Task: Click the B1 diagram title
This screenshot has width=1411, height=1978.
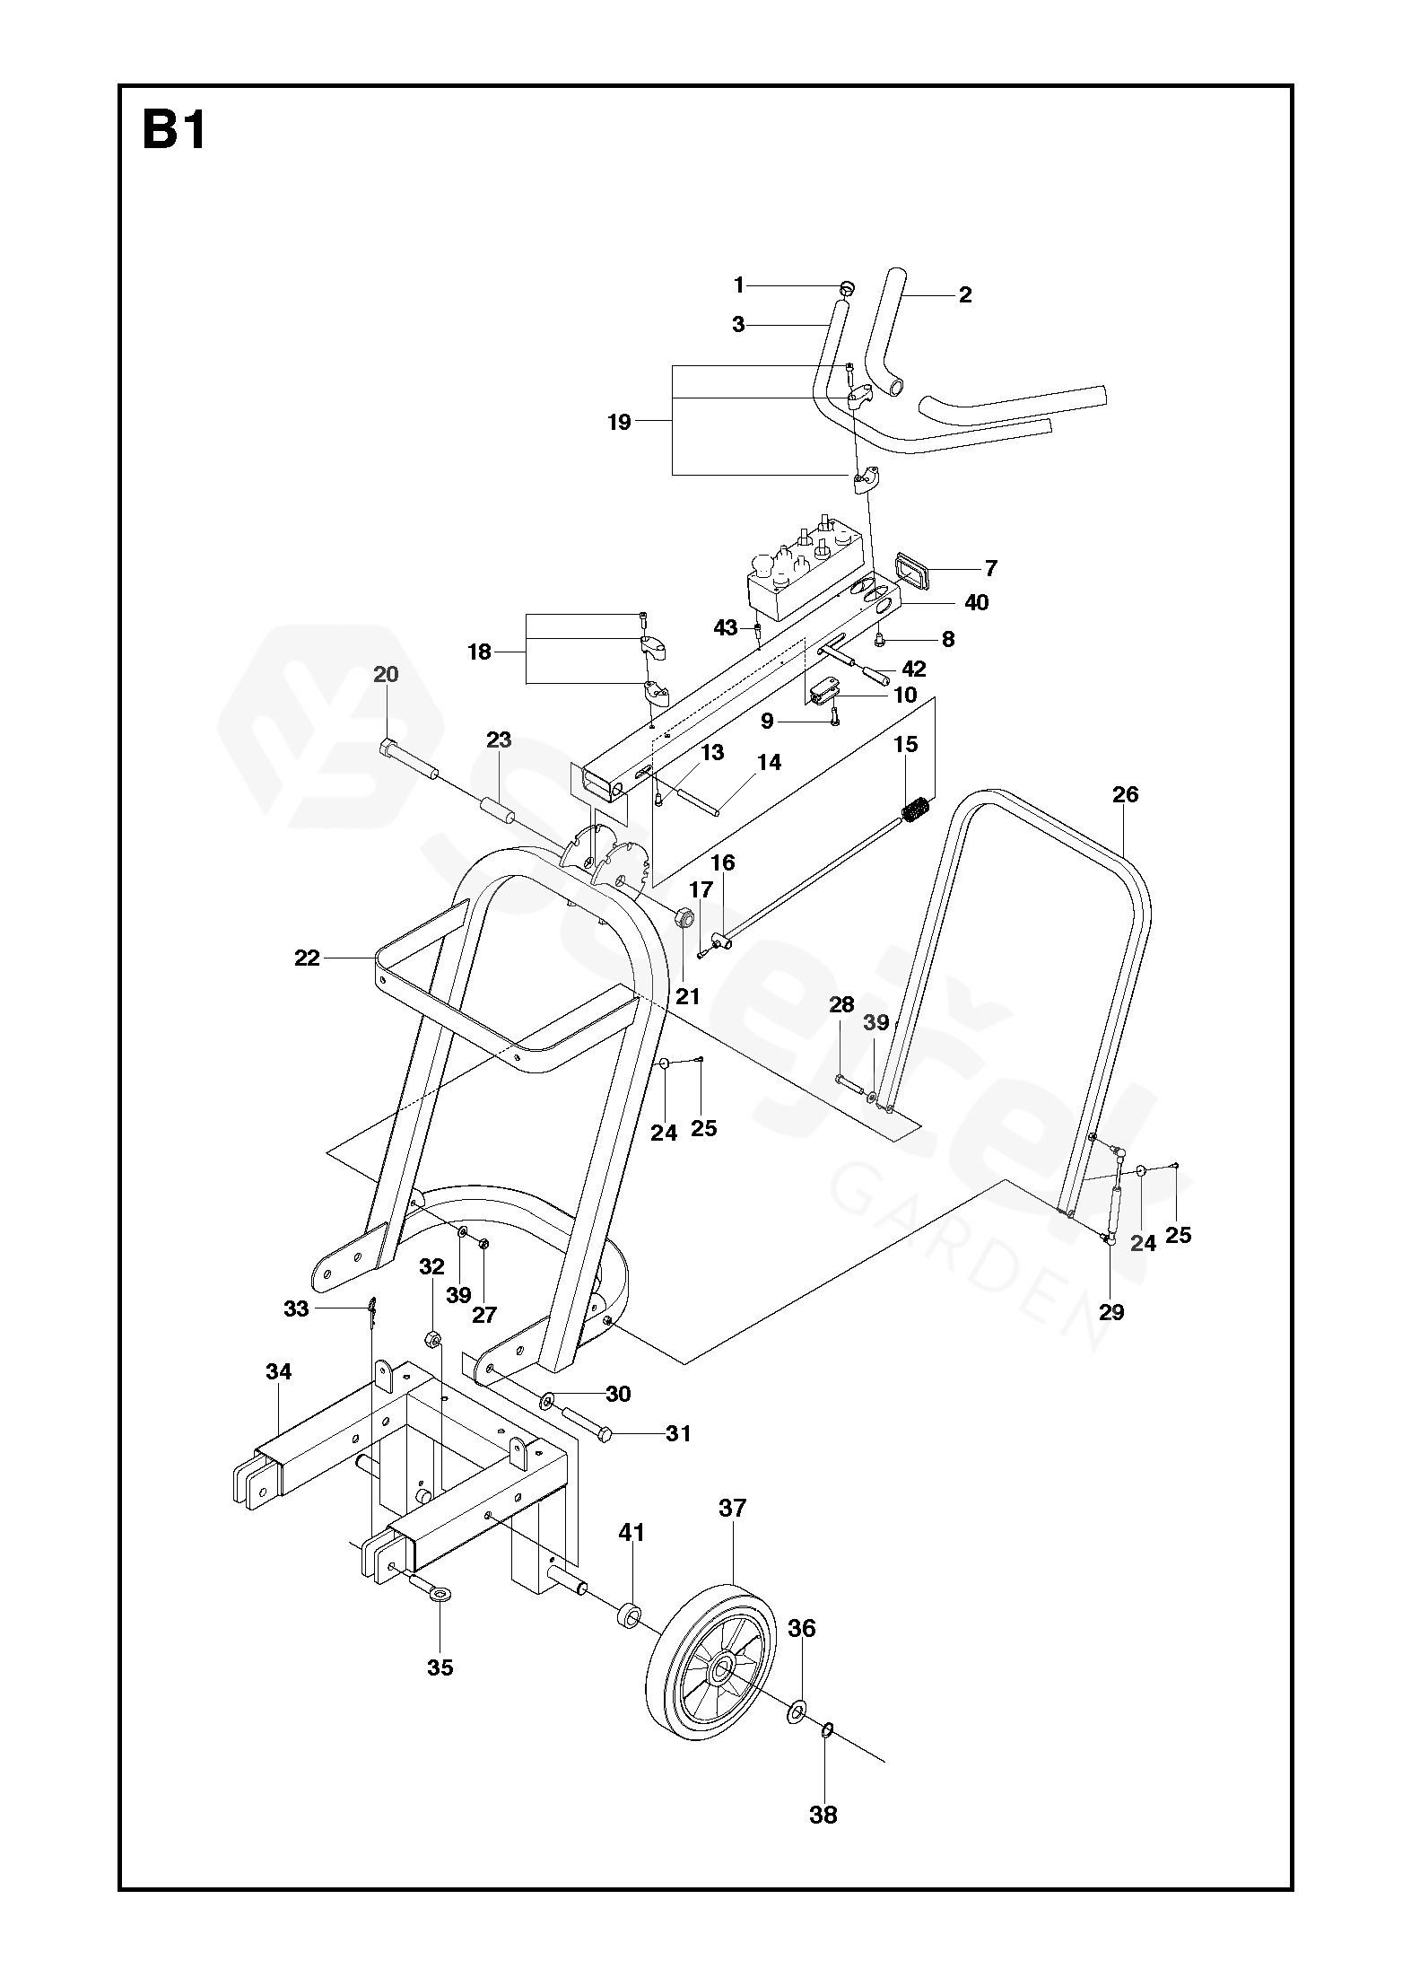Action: pos(174,131)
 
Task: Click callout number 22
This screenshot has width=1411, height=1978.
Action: pos(307,958)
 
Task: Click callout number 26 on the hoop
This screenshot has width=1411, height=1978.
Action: pos(1125,794)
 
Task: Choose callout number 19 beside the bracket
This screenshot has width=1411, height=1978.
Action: pos(619,422)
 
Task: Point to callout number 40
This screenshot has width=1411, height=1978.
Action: pos(976,602)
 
